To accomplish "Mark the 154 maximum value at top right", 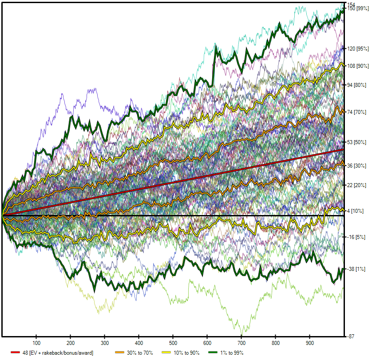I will coord(351,4).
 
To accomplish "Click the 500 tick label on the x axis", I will coord(173,343).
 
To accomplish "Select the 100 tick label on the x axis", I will coord(36,343).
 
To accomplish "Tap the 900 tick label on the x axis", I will coord(310,343).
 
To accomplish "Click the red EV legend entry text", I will coord(57,353).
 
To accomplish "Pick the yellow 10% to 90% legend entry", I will coord(186,353).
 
